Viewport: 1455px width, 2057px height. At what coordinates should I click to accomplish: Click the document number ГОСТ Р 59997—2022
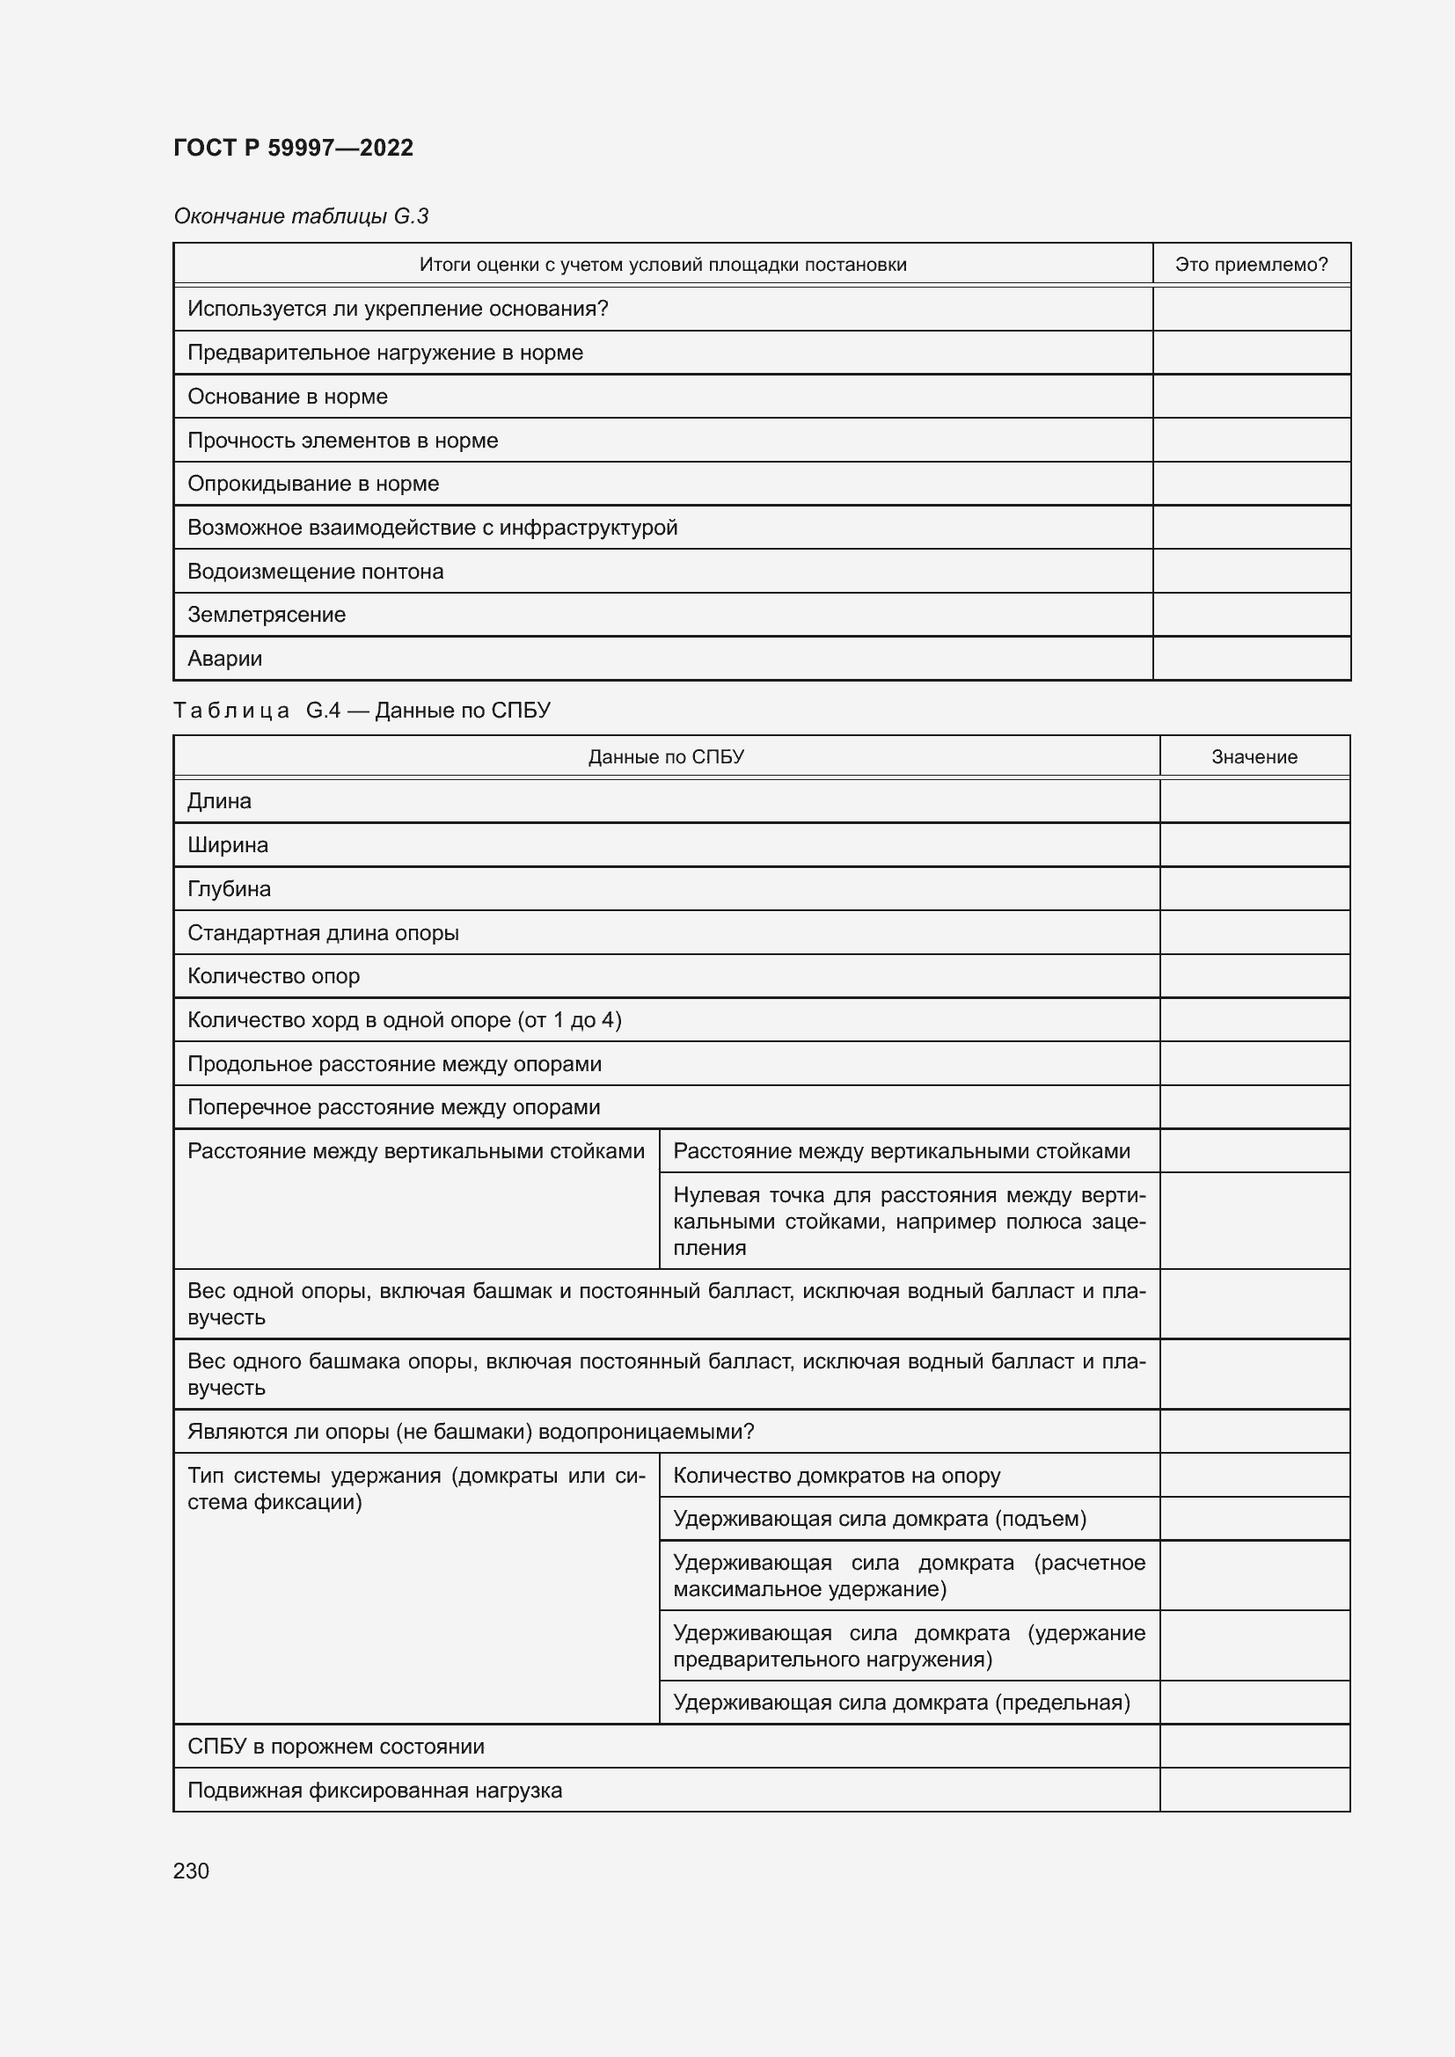point(293,148)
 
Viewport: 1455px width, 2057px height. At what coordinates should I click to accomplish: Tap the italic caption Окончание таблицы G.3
point(301,216)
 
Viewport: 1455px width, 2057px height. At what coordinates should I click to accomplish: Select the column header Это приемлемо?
point(1251,265)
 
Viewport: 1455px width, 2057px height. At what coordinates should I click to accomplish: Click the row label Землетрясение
point(266,615)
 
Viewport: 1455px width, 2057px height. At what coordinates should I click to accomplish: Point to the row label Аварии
point(225,659)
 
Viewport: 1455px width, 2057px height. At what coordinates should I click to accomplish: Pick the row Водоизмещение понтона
point(316,572)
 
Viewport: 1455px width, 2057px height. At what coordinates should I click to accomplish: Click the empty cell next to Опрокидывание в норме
point(1251,484)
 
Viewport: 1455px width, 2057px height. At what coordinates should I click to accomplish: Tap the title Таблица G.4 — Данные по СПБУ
point(361,711)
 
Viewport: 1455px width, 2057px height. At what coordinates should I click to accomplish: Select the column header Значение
point(1254,757)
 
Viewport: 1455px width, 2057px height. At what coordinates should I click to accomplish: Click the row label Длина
point(220,801)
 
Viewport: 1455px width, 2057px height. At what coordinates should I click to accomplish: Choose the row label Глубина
point(230,889)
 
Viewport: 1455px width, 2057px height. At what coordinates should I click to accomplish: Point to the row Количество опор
point(274,976)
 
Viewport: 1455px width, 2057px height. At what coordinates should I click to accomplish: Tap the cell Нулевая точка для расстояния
point(909,1222)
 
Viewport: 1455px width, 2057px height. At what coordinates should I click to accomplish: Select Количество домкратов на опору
point(836,1476)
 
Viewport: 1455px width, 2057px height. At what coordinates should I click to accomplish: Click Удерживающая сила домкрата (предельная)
point(902,1703)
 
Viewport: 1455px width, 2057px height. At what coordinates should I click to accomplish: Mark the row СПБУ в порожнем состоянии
point(335,1747)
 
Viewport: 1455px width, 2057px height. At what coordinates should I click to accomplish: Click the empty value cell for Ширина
point(1254,845)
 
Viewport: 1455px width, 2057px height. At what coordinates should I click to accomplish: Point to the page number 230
point(191,1871)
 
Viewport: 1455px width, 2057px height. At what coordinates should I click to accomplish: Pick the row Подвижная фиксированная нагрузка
point(375,1790)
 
